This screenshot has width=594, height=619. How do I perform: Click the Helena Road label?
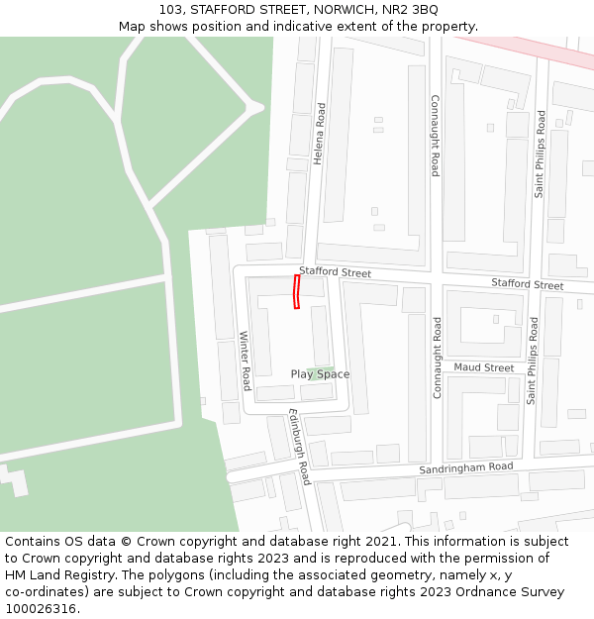[319, 133]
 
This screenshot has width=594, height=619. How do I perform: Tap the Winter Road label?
[246, 361]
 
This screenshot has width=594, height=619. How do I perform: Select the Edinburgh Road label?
[300, 447]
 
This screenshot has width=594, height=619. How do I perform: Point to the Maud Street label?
[484, 367]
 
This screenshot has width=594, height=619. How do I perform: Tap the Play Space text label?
[320, 374]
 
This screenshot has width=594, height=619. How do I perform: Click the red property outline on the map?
[296, 292]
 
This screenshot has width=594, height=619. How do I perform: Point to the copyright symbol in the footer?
[126, 542]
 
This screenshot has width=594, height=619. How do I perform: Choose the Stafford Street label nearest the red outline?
[335, 272]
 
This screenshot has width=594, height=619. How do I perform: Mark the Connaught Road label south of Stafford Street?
[437, 357]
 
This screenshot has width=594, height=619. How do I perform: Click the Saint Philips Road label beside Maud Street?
[533, 361]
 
